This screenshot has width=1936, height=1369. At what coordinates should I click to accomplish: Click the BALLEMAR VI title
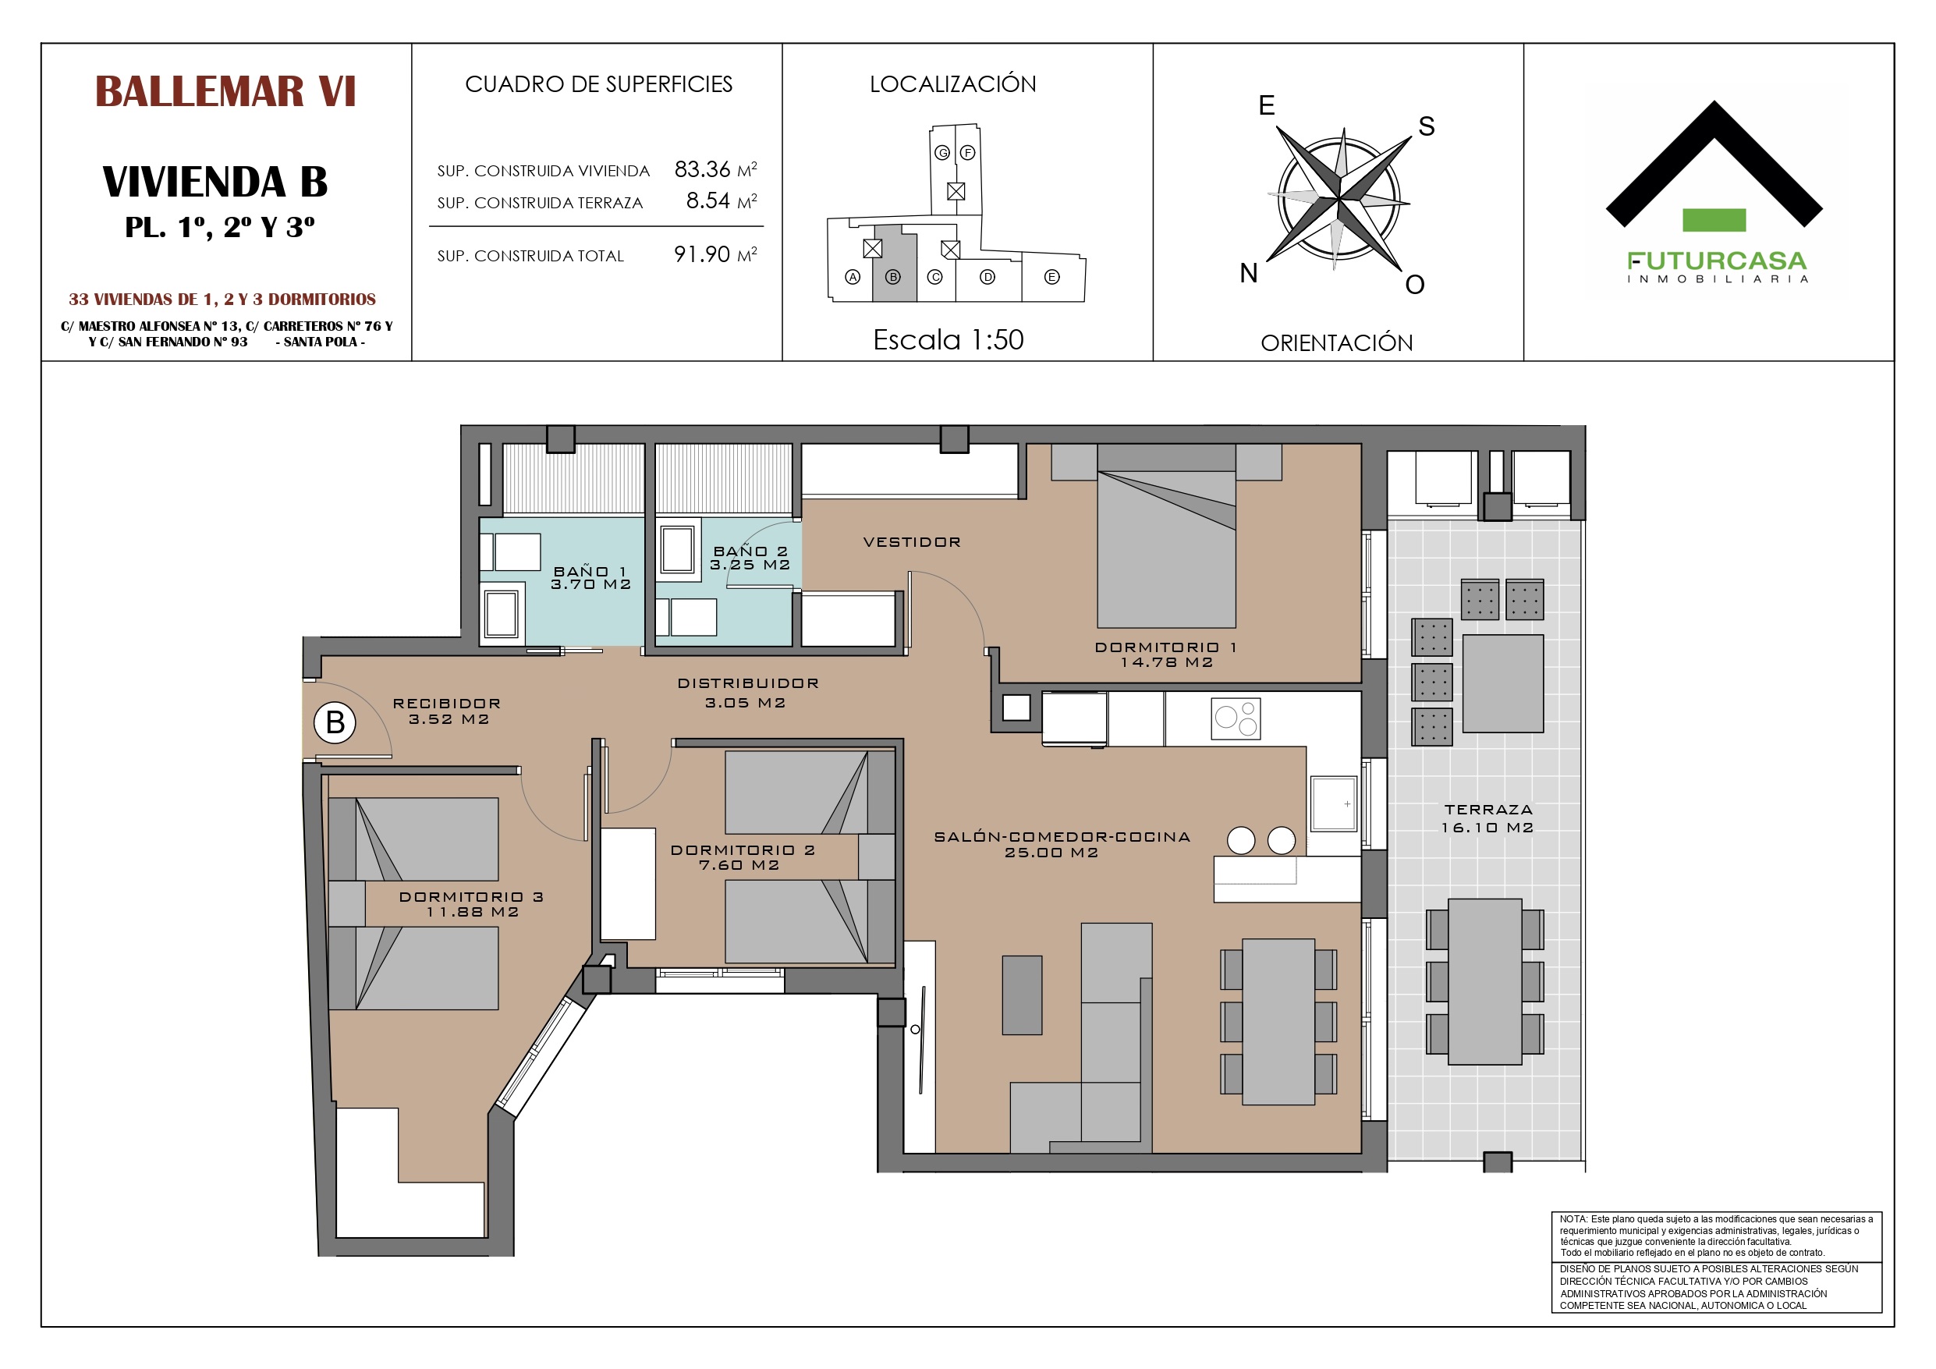pyautogui.click(x=225, y=92)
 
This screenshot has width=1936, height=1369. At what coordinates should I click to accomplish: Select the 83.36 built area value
pyautogui.click(x=701, y=169)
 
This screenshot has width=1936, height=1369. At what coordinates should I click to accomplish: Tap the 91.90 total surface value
pyautogui.click(x=701, y=255)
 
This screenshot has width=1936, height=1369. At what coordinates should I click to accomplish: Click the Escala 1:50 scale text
pyautogui.click(x=948, y=340)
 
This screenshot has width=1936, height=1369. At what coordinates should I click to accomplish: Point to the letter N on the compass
pyautogui.click(x=1249, y=273)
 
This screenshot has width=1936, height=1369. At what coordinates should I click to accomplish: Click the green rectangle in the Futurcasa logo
pyautogui.click(x=1714, y=220)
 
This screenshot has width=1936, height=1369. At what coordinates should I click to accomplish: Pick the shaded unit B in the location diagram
pyautogui.click(x=894, y=263)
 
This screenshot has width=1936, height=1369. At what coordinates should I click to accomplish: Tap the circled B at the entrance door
pyautogui.click(x=335, y=723)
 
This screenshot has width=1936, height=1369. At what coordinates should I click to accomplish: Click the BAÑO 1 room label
pyautogui.click(x=590, y=571)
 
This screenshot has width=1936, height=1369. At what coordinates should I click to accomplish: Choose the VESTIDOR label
pyautogui.click(x=913, y=542)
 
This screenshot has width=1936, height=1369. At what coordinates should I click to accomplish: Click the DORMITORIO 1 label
pyautogui.click(x=1165, y=647)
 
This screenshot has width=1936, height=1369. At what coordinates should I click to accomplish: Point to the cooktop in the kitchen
pyautogui.click(x=1236, y=718)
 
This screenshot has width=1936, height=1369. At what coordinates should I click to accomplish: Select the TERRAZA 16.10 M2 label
pyautogui.click(x=1487, y=818)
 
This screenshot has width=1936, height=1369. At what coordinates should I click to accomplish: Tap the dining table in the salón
pyautogui.click(x=1278, y=1021)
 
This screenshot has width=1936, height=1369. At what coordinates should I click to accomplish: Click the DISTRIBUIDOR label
pyautogui.click(x=748, y=683)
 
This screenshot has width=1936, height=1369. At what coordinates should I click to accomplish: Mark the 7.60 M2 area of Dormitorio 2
pyautogui.click(x=739, y=865)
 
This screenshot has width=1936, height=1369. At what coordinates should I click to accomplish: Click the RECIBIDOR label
pyautogui.click(x=447, y=704)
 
